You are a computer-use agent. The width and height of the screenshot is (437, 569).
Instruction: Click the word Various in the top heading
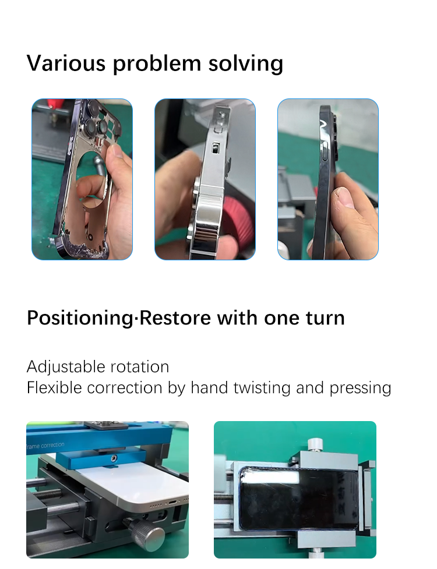tap(65, 63)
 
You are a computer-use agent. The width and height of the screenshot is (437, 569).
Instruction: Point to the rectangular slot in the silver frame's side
tap(215, 147)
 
